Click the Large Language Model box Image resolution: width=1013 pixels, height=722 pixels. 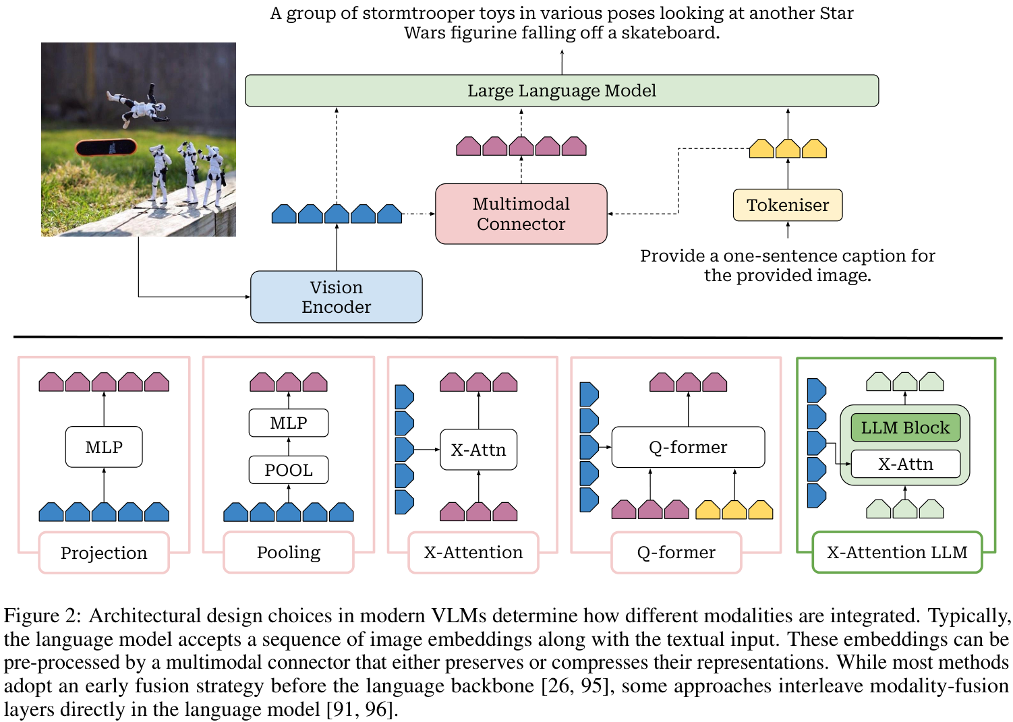pos(561,90)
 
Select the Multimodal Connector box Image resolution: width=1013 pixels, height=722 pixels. pos(521,214)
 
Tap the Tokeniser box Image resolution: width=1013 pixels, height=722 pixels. pos(787,205)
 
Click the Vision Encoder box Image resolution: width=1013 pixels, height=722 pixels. pos(336,297)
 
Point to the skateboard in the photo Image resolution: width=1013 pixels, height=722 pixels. pos(106,147)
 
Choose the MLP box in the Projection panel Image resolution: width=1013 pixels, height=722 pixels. pos(104,447)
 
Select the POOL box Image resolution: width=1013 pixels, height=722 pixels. pos(288,470)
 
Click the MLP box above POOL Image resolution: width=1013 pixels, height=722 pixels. pos(288,423)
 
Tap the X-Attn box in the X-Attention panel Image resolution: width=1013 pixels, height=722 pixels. pos(478,450)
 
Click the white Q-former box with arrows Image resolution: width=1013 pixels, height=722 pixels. pos(688,447)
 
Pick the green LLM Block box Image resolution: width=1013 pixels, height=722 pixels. pos(905,427)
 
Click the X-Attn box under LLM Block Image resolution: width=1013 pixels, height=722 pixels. pos(905,464)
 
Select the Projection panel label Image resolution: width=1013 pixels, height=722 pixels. pos(104,553)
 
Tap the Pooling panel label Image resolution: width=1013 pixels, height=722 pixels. pos(288,552)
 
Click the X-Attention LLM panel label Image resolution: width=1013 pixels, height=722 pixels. pos(897,552)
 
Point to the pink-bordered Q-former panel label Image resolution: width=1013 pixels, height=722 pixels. pos(676,552)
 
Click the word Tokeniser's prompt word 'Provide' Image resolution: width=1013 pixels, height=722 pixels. pos(672,256)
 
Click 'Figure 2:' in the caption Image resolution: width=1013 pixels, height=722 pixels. pos(42,615)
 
